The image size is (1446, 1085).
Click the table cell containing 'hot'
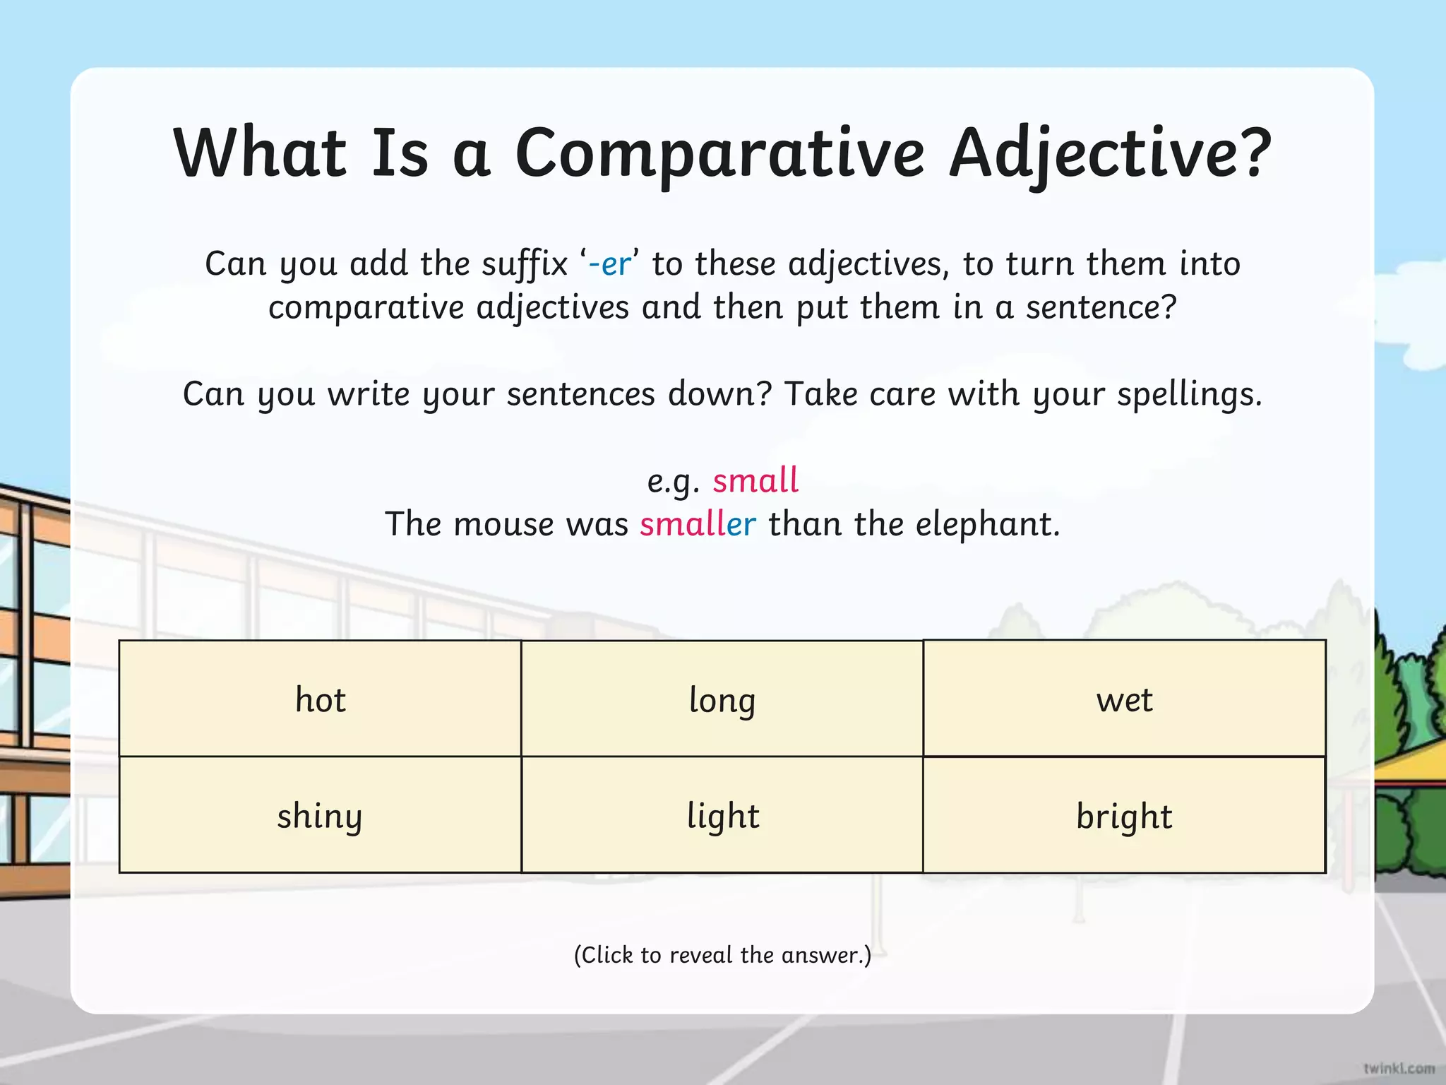321,699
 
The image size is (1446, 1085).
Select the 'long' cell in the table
722,699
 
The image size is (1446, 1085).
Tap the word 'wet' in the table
1124,699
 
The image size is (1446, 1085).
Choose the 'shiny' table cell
320,816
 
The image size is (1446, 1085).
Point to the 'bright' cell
1124,816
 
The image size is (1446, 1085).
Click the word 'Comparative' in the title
719,153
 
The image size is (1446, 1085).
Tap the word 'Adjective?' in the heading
1109,153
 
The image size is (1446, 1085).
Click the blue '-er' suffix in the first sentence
609,264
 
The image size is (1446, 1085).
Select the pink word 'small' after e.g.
755,480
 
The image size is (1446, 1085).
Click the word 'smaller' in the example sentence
698,524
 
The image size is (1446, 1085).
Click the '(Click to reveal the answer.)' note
722,955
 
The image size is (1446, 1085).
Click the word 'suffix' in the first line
525,264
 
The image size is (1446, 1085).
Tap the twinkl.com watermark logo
1399,1067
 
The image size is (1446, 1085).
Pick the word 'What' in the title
260,153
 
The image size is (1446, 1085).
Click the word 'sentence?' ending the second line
1101,308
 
